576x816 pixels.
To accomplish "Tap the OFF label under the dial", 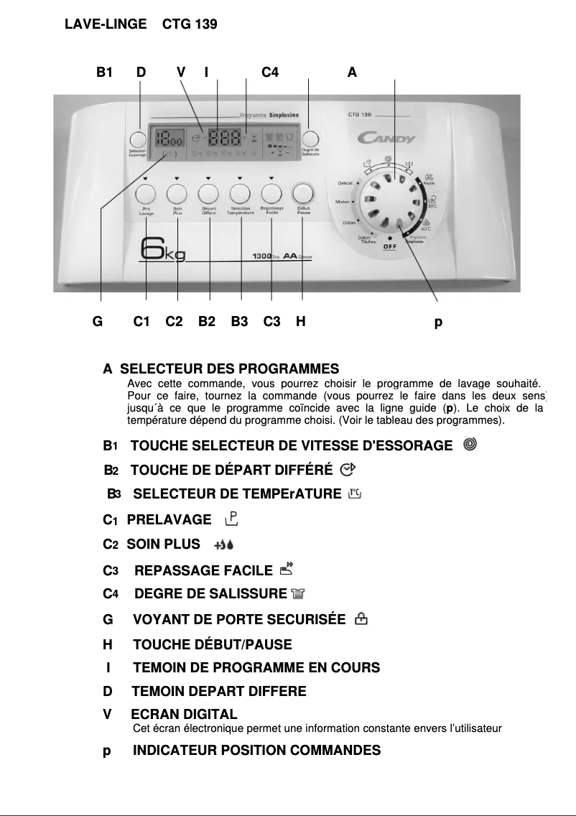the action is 390,246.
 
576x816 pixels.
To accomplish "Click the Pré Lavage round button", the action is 146,194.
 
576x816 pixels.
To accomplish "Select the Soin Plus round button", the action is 177,194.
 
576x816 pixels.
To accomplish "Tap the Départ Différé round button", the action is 208,194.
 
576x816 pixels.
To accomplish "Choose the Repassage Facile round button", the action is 271,194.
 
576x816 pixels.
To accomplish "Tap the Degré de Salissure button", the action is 310,139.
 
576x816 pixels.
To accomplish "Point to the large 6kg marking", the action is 163,253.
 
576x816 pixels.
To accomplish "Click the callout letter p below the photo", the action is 438,323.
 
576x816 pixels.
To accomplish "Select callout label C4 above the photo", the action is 270,72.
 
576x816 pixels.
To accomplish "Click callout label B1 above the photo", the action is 105,72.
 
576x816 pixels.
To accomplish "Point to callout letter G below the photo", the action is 98,322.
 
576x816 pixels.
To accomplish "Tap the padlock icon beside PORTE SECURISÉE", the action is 361,618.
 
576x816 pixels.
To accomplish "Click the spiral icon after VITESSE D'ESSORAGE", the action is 469,445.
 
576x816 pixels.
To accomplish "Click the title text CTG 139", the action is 190,24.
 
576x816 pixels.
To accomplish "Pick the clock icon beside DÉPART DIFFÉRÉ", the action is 348,469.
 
